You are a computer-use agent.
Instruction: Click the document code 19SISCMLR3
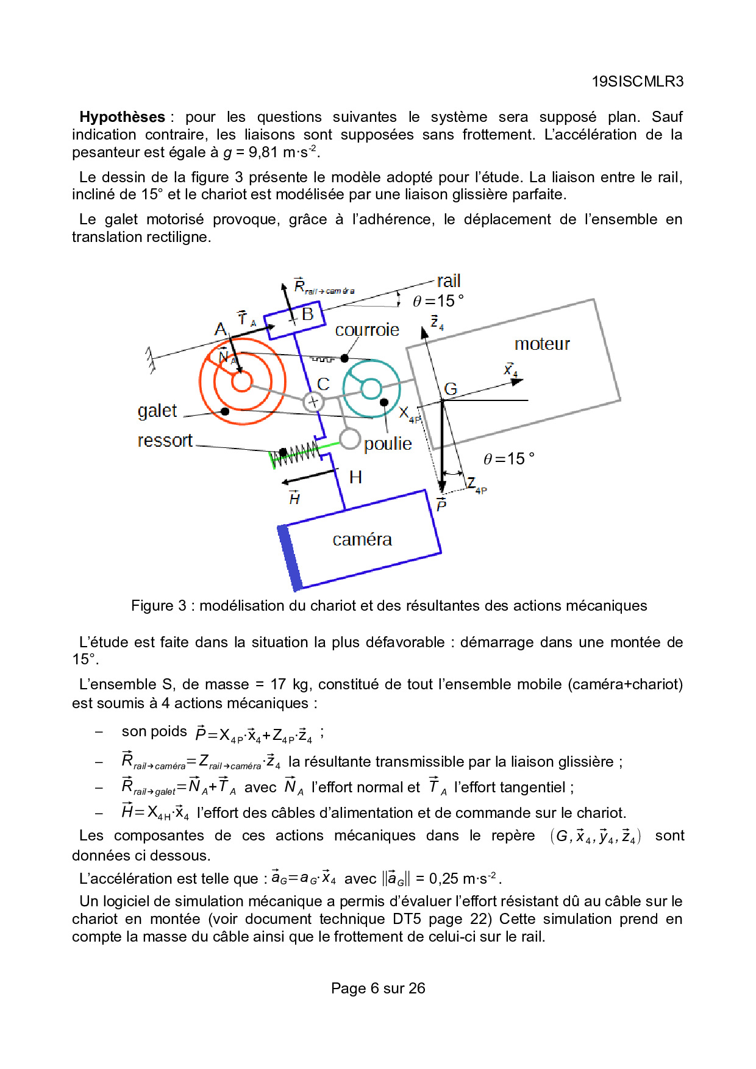coord(637,82)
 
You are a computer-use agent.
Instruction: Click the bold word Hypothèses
coord(123,117)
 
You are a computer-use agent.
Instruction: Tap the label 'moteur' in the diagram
coord(542,344)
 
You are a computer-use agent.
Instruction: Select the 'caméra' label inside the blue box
coord(362,539)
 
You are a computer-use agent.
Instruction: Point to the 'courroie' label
coord(367,330)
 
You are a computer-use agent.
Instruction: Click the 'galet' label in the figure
coord(157,411)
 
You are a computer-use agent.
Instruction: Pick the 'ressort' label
coord(165,441)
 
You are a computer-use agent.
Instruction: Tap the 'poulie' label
coord(388,444)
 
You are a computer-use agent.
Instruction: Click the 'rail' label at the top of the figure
coord(449,281)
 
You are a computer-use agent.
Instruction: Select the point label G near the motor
coord(451,389)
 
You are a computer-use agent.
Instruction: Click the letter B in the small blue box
coord(307,314)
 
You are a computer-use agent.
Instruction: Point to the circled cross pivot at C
coord(313,402)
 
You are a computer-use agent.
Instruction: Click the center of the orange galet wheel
coord(241,382)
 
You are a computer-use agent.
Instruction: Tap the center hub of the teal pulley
coord(371,388)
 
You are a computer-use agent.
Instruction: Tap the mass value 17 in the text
coord(278,684)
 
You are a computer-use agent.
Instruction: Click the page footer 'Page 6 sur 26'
coord(378,989)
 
